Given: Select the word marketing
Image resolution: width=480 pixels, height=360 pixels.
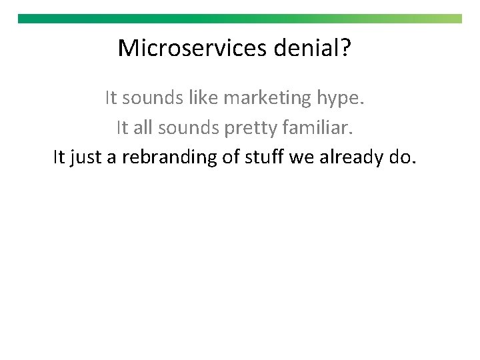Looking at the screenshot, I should coord(267,99).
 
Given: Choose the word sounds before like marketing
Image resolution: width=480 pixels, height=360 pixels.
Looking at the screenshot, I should coord(152,99).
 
